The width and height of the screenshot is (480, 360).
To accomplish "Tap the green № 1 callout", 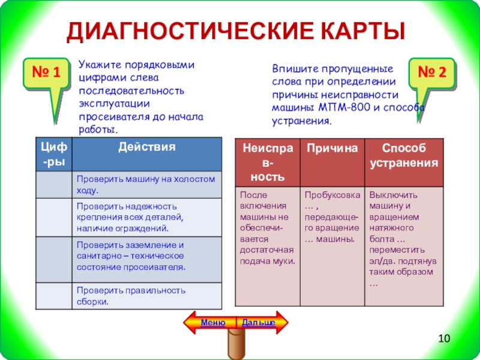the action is pyautogui.click(x=46, y=74).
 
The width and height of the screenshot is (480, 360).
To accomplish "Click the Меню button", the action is pyautogui.click(x=213, y=323).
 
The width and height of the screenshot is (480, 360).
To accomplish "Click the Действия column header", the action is pyautogui.click(x=146, y=147).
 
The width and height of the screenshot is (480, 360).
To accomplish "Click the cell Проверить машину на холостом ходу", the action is pyautogui.click(x=146, y=184).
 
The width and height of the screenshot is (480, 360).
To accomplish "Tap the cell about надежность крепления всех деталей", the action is pyautogui.click(x=146, y=217).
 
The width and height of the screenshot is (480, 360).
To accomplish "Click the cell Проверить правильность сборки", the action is pyautogui.click(x=146, y=296).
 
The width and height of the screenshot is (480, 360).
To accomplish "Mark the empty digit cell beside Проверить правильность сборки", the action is pyautogui.click(x=53, y=296).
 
